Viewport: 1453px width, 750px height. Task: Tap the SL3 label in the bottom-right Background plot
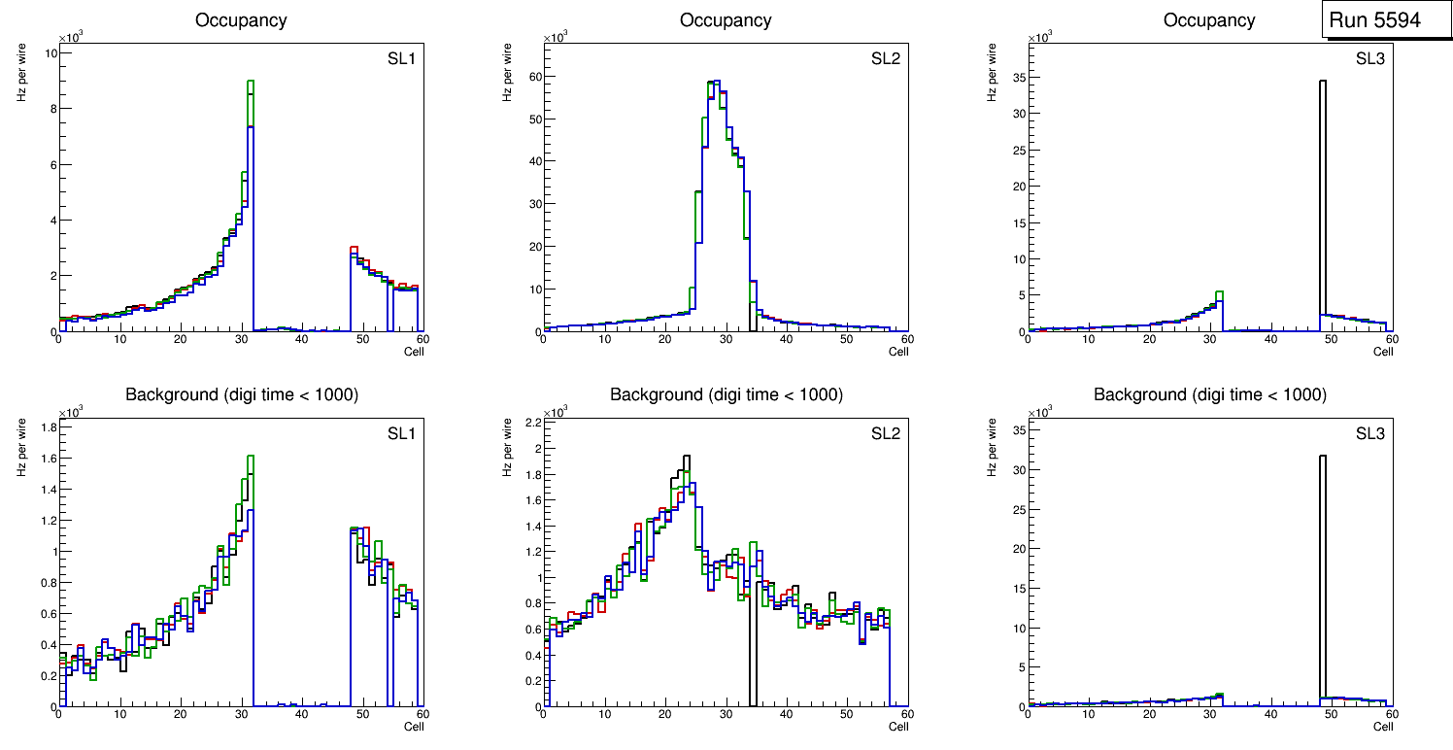[x=1369, y=433]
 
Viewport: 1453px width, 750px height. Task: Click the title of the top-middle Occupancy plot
[x=726, y=20]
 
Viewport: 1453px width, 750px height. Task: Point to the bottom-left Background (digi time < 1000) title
[x=242, y=394]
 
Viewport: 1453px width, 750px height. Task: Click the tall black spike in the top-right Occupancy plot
[x=1322, y=194]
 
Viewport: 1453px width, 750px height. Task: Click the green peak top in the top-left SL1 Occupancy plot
[x=250, y=82]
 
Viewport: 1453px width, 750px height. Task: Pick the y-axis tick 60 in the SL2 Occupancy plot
[x=533, y=76]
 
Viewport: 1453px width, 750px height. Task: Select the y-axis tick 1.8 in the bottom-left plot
[x=46, y=427]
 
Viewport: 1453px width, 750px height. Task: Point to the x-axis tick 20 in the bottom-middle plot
[x=664, y=714]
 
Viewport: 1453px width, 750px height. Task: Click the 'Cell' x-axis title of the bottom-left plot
[x=414, y=726]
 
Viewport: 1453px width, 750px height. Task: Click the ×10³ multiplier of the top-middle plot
[x=556, y=38]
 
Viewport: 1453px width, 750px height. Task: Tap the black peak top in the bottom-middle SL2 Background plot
[x=686, y=456]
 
